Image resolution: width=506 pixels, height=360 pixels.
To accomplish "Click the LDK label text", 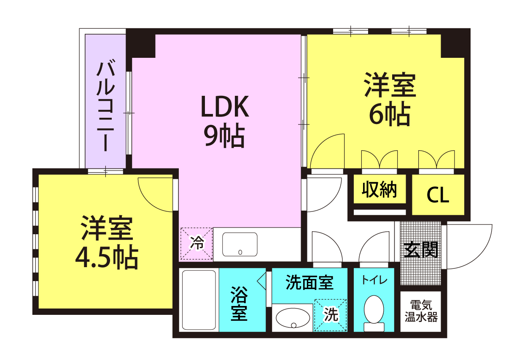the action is point(225,106).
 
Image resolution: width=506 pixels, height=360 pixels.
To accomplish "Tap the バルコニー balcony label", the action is point(105,105).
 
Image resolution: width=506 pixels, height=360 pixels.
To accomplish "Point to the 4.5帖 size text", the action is point(106,258).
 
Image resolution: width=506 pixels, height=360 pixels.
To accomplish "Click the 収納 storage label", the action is point(379,189).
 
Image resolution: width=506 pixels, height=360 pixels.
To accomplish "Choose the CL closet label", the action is point(438,195).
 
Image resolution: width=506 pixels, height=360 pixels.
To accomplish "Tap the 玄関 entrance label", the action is point(421,249).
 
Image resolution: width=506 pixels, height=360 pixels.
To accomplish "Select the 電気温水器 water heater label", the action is point(421,311).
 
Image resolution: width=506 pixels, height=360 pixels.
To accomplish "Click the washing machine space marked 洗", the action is point(331,315).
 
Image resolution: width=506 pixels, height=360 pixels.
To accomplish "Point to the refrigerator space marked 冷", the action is point(196,244).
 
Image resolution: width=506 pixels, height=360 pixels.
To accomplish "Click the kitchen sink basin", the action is point(240,244).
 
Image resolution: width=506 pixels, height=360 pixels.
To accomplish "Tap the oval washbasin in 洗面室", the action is point(293,318).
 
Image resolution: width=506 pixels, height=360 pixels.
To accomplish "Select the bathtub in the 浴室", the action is point(199,300).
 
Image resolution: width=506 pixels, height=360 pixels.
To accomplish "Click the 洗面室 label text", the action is point(309,282).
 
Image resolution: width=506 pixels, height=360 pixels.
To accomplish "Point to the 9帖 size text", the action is point(224,135).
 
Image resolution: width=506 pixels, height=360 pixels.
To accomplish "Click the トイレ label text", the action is point(374,280).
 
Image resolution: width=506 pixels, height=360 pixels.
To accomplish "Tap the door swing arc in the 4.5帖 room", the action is point(148,202).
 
